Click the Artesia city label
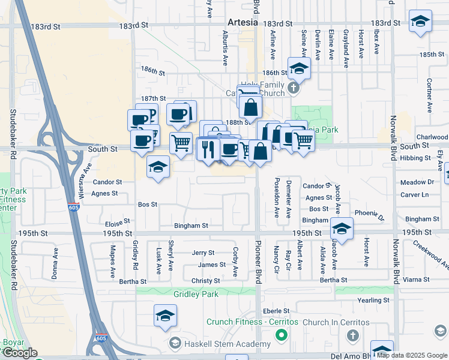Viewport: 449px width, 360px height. [x=243, y=22]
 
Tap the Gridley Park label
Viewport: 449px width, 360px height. [x=196, y=294]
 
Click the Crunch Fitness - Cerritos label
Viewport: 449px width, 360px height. [x=252, y=322]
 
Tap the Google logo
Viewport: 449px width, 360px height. [x=19, y=353]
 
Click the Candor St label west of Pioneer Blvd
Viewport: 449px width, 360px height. [x=107, y=182]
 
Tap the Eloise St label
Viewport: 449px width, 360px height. [x=118, y=221]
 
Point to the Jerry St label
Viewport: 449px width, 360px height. [x=203, y=253]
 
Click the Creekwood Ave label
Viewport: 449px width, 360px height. [x=430, y=254]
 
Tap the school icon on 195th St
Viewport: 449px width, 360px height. [x=342, y=229]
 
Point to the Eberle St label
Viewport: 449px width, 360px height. [x=277, y=311]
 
